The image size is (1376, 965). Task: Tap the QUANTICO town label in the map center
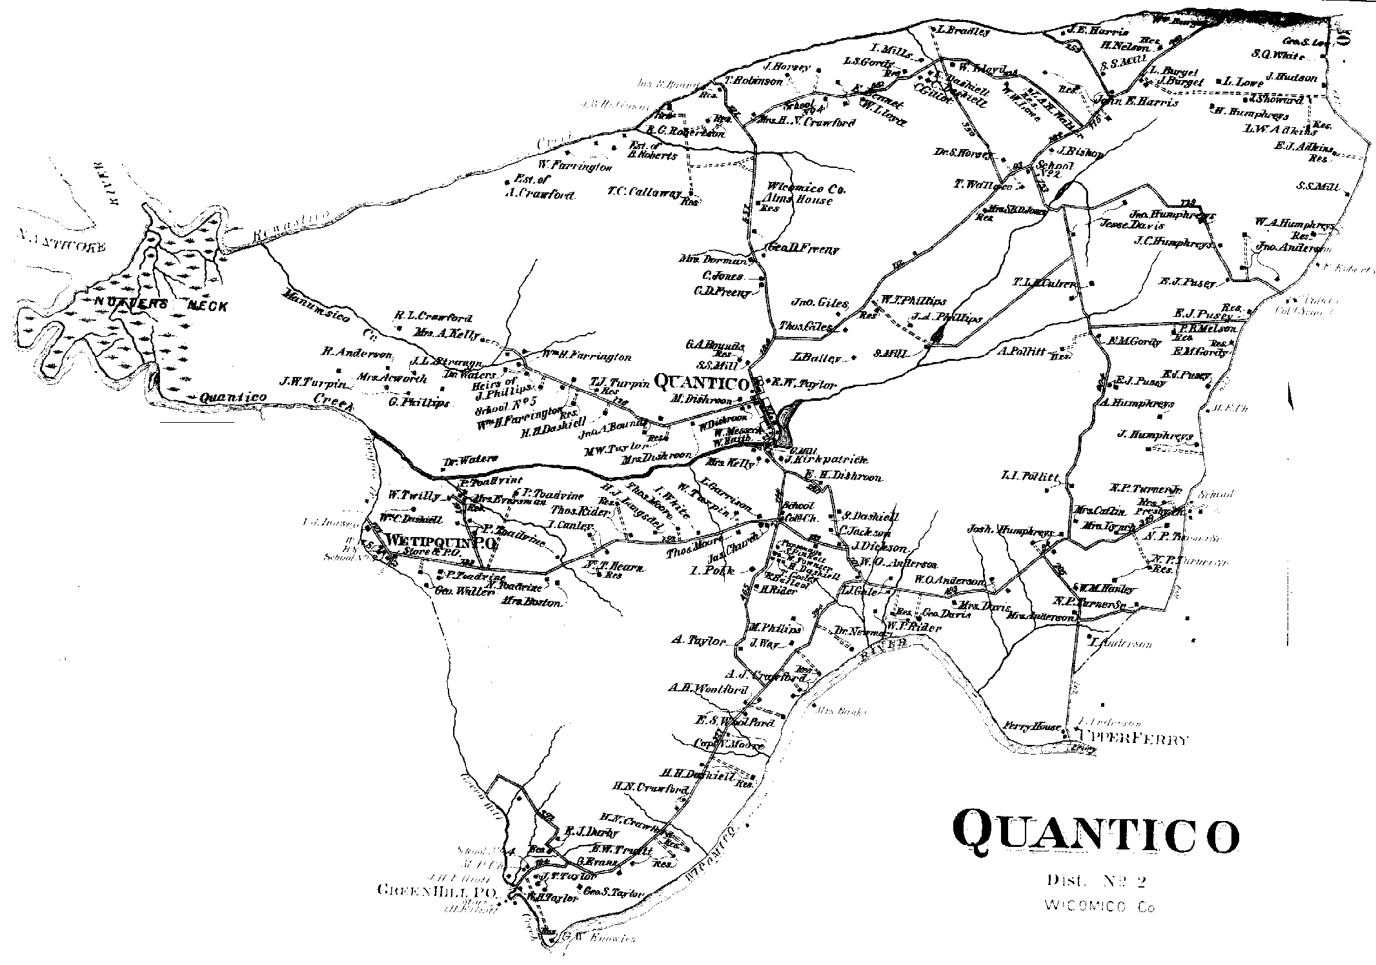click(x=701, y=383)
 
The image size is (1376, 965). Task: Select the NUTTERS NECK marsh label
click(x=161, y=305)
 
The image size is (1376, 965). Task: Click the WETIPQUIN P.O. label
click(x=442, y=541)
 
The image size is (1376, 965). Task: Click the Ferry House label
click(x=1032, y=726)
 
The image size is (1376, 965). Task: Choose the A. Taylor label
click(x=699, y=641)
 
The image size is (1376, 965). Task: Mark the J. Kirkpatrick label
click(x=827, y=460)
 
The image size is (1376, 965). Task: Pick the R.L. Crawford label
click(x=434, y=318)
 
